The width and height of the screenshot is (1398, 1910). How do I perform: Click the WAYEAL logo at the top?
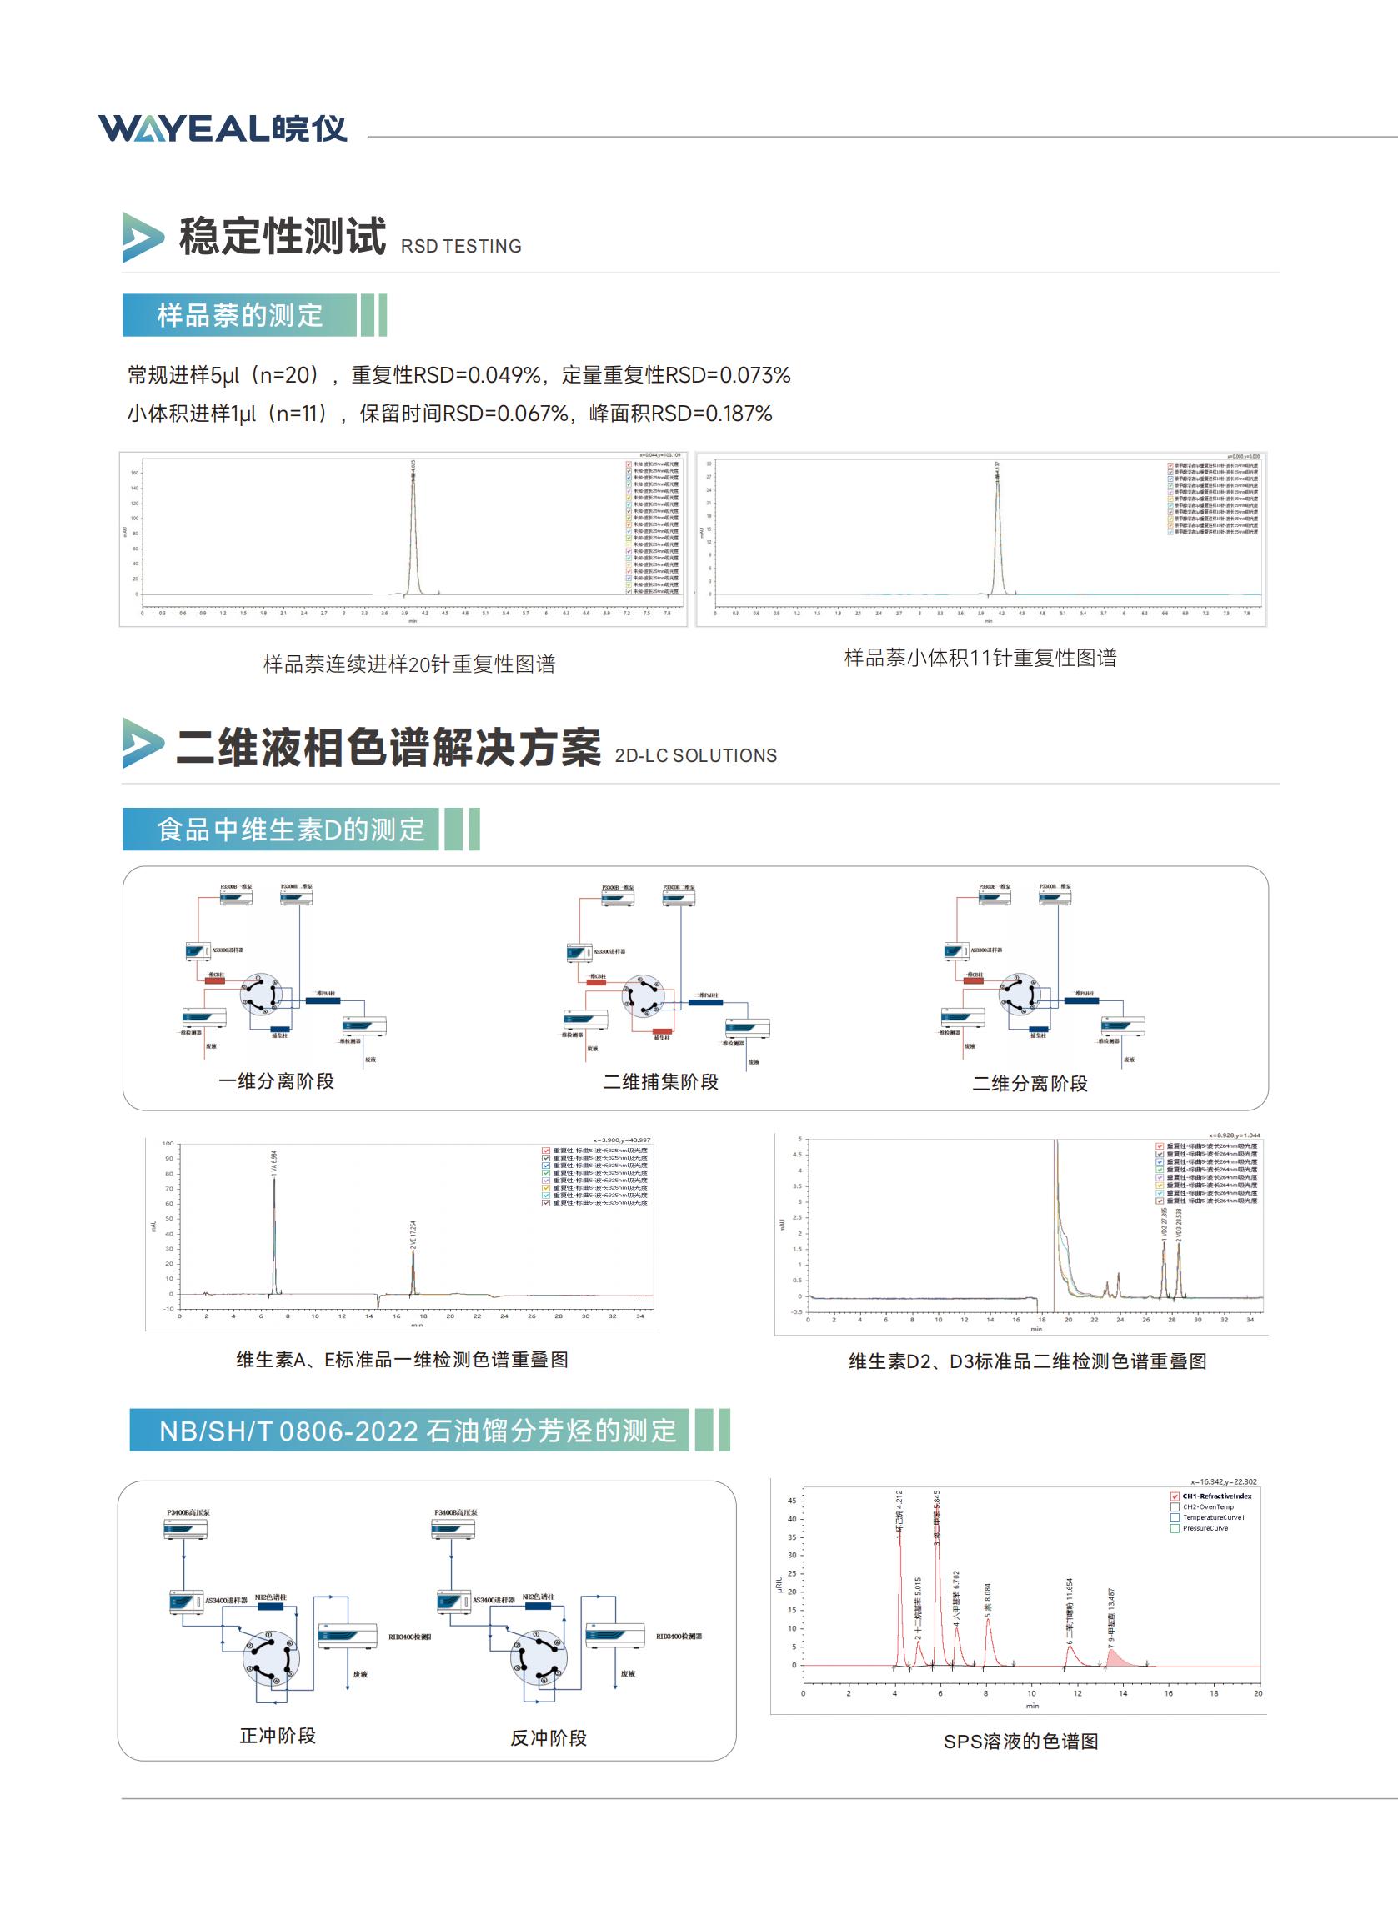223,128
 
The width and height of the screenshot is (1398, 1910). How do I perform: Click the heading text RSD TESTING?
460,246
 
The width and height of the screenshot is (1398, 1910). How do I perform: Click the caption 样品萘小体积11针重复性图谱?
980,658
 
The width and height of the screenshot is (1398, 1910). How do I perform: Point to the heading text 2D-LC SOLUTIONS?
694,755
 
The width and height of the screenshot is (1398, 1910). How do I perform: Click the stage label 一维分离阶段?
276,1081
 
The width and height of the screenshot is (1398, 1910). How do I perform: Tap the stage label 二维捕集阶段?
660,1082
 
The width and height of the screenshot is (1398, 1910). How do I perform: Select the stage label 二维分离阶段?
1029,1084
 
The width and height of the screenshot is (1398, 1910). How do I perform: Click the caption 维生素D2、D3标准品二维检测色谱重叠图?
1027,1361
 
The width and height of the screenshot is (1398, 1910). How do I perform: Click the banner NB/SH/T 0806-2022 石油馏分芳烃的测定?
417,1431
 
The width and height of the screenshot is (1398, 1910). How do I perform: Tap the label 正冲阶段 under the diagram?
278,1736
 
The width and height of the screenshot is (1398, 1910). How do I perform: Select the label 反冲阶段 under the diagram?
549,1738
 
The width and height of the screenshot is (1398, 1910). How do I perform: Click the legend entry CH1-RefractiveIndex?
1216,1496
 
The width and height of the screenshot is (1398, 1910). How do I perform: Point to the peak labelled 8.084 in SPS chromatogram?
988,1621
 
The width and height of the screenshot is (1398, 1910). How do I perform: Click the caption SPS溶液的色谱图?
1020,1742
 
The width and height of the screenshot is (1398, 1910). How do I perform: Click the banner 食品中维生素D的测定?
290,830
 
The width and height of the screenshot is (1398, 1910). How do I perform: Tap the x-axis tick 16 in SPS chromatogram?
1168,1693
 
